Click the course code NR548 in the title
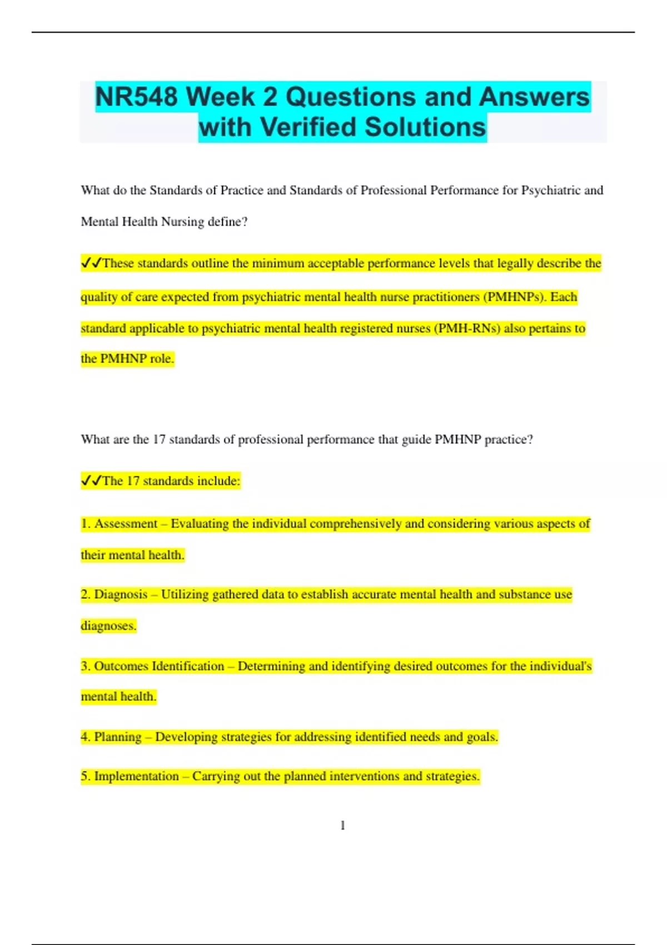click(x=136, y=97)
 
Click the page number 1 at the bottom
click(x=342, y=825)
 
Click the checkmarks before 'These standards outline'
click(x=91, y=263)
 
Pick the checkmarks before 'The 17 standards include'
click(x=91, y=481)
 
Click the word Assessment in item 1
click(x=126, y=524)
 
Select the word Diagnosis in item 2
click(x=121, y=594)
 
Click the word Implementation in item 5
click(x=136, y=776)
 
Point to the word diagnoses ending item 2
click(x=108, y=626)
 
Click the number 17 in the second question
click(x=159, y=440)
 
